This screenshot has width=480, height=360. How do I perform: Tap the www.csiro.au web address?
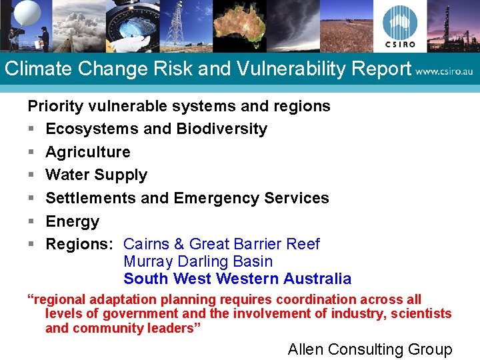tap(444, 70)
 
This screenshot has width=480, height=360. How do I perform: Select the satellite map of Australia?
tap(239, 25)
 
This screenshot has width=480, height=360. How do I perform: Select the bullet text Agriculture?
tap(87, 152)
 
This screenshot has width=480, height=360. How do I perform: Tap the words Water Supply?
tap(96, 175)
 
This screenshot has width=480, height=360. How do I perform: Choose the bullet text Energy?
tap(72, 221)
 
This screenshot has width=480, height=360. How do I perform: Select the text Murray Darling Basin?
tap(198, 261)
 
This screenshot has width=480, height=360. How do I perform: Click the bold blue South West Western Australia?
tap(237, 279)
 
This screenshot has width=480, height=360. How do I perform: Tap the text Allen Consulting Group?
tap(369, 349)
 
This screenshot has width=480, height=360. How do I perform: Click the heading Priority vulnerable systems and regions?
tap(179, 106)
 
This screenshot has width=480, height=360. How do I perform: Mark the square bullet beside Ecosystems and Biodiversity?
tap(31, 129)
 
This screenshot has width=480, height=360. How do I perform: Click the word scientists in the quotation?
tap(421, 313)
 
